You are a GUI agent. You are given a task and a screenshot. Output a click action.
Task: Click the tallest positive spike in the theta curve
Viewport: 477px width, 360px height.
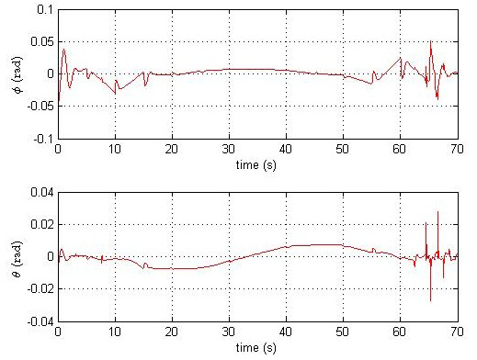coord(437,212)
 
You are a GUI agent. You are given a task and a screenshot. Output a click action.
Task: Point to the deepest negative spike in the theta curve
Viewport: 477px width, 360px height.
coord(430,300)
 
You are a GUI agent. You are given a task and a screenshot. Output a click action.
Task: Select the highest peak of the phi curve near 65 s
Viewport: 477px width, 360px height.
coord(430,41)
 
